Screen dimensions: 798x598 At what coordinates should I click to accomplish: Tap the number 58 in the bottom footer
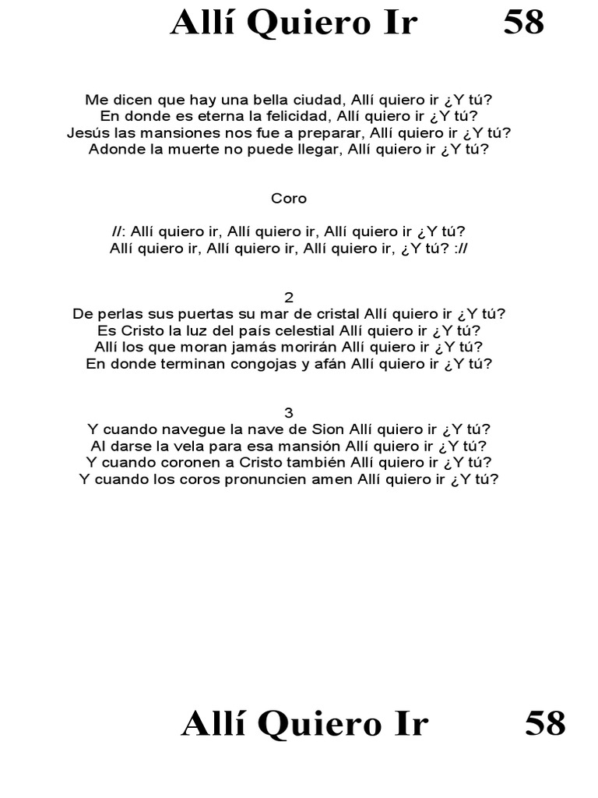544,723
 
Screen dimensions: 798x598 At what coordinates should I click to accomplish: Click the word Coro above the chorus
289,199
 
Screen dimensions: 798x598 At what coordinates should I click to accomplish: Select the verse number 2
289,297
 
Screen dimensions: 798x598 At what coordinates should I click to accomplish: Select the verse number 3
289,412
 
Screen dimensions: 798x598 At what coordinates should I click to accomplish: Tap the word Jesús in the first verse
86,132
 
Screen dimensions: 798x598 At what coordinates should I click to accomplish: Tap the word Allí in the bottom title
212,723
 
